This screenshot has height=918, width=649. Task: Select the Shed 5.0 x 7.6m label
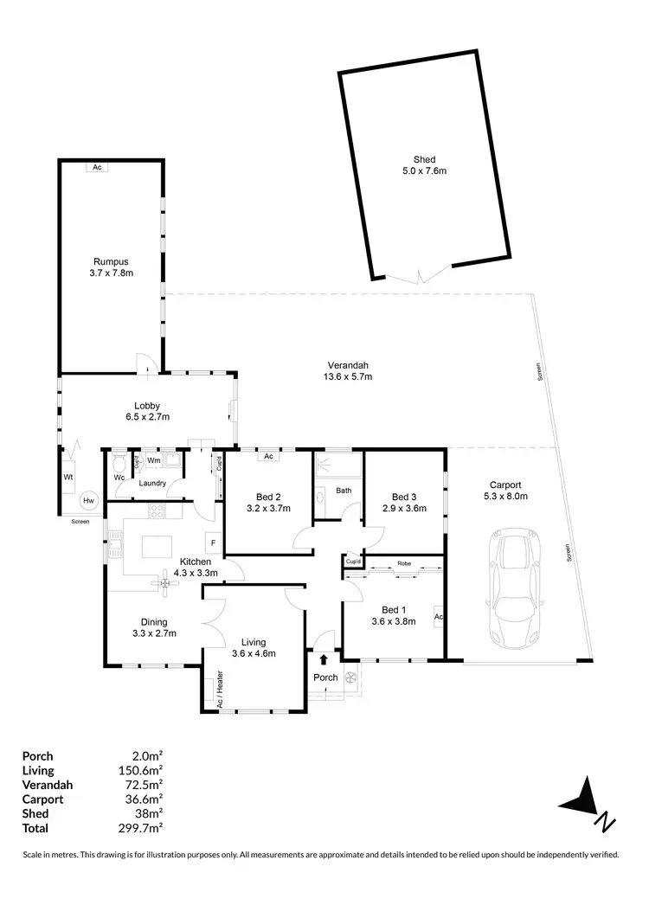click(x=424, y=165)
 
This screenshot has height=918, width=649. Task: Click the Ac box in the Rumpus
click(x=96, y=168)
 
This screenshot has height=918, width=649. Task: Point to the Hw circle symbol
click(x=88, y=501)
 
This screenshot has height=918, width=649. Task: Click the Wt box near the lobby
click(x=67, y=477)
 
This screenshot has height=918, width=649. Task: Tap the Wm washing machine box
click(x=153, y=460)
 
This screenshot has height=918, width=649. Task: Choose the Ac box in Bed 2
click(x=268, y=456)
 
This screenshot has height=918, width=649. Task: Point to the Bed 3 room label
click(x=404, y=497)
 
